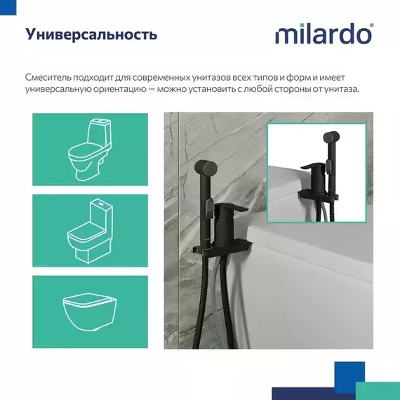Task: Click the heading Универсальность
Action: pyautogui.click(x=91, y=34)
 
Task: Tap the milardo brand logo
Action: pyautogui.click(x=323, y=34)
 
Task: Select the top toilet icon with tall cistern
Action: pyautogui.click(x=90, y=149)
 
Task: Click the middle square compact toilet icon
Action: pyautogui.click(x=90, y=229)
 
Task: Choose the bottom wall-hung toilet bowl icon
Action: pyautogui.click(x=90, y=308)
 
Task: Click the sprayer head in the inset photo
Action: pyautogui.click(x=330, y=140)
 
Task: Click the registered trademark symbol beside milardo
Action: pyautogui.click(x=371, y=25)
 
